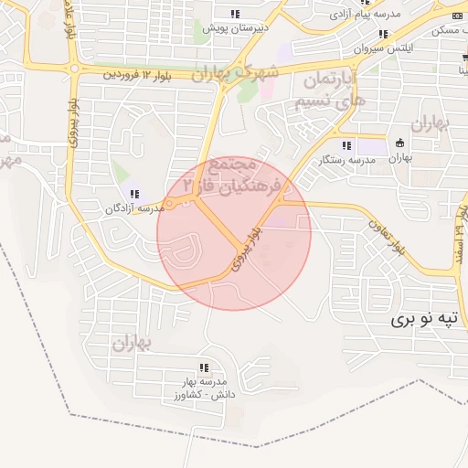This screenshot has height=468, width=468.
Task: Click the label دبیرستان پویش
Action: (x=236, y=28)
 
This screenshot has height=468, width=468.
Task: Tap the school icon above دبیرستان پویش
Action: (x=236, y=14)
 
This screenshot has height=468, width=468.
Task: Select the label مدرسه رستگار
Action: (x=346, y=160)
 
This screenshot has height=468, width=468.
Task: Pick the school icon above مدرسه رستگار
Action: (x=346, y=145)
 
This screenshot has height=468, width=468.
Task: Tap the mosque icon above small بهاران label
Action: (x=399, y=144)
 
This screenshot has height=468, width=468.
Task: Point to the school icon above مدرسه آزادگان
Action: (x=135, y=193)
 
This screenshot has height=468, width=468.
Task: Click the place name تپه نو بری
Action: (x=423, y=319)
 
